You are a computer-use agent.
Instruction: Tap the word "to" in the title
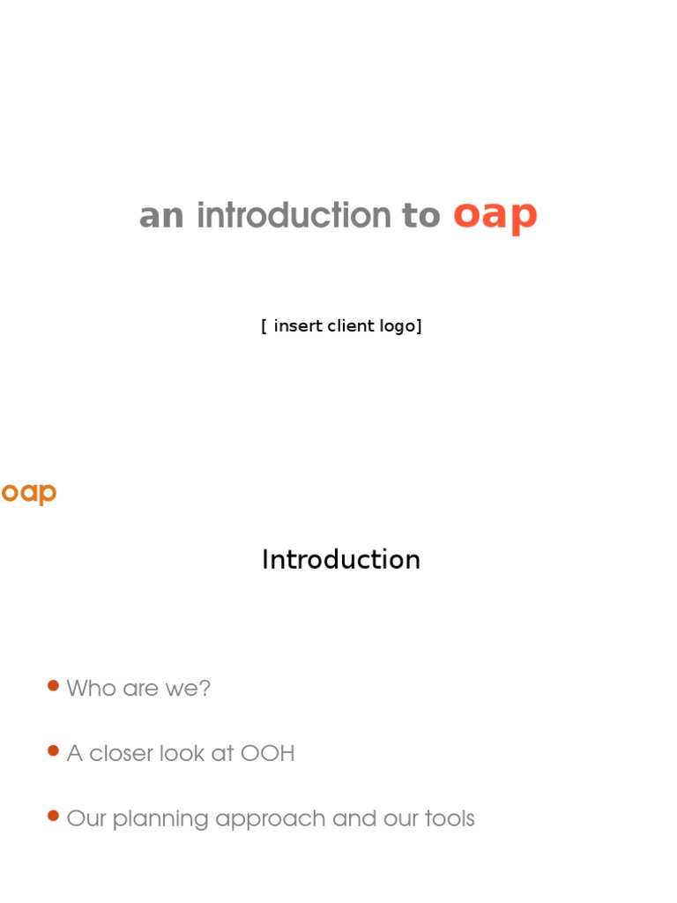pos(421,216)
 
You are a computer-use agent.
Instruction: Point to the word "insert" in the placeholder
pos(298,325)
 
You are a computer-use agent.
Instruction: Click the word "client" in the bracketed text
pos(353,325)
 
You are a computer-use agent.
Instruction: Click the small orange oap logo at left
pos(29,493)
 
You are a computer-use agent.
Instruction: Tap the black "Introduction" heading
pos(341,560)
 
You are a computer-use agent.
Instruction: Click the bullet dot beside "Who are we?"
pos(53,686)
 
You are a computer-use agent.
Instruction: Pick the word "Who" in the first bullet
pos(92,688)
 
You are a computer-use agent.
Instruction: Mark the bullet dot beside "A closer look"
pos(53,751)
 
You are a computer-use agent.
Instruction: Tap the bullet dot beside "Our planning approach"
pos(53,817)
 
